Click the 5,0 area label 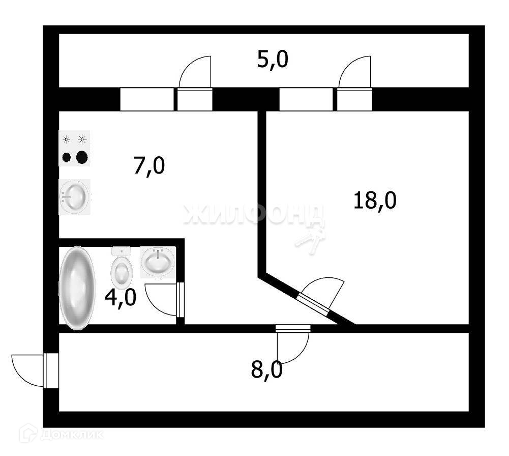point(273,60)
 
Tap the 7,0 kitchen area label point(149,166)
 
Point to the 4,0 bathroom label point(120,297)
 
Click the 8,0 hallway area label point(266,368)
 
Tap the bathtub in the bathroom point(77,288)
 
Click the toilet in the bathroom point(121,268)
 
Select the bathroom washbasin point(158,262)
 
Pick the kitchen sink point(74,196)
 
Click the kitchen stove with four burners point(74,148)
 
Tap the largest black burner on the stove point(82,157)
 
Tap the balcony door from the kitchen point(194,99)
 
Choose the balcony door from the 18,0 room point(354,99)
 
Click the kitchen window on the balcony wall point(146,99)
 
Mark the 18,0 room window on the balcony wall point(306,99)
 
